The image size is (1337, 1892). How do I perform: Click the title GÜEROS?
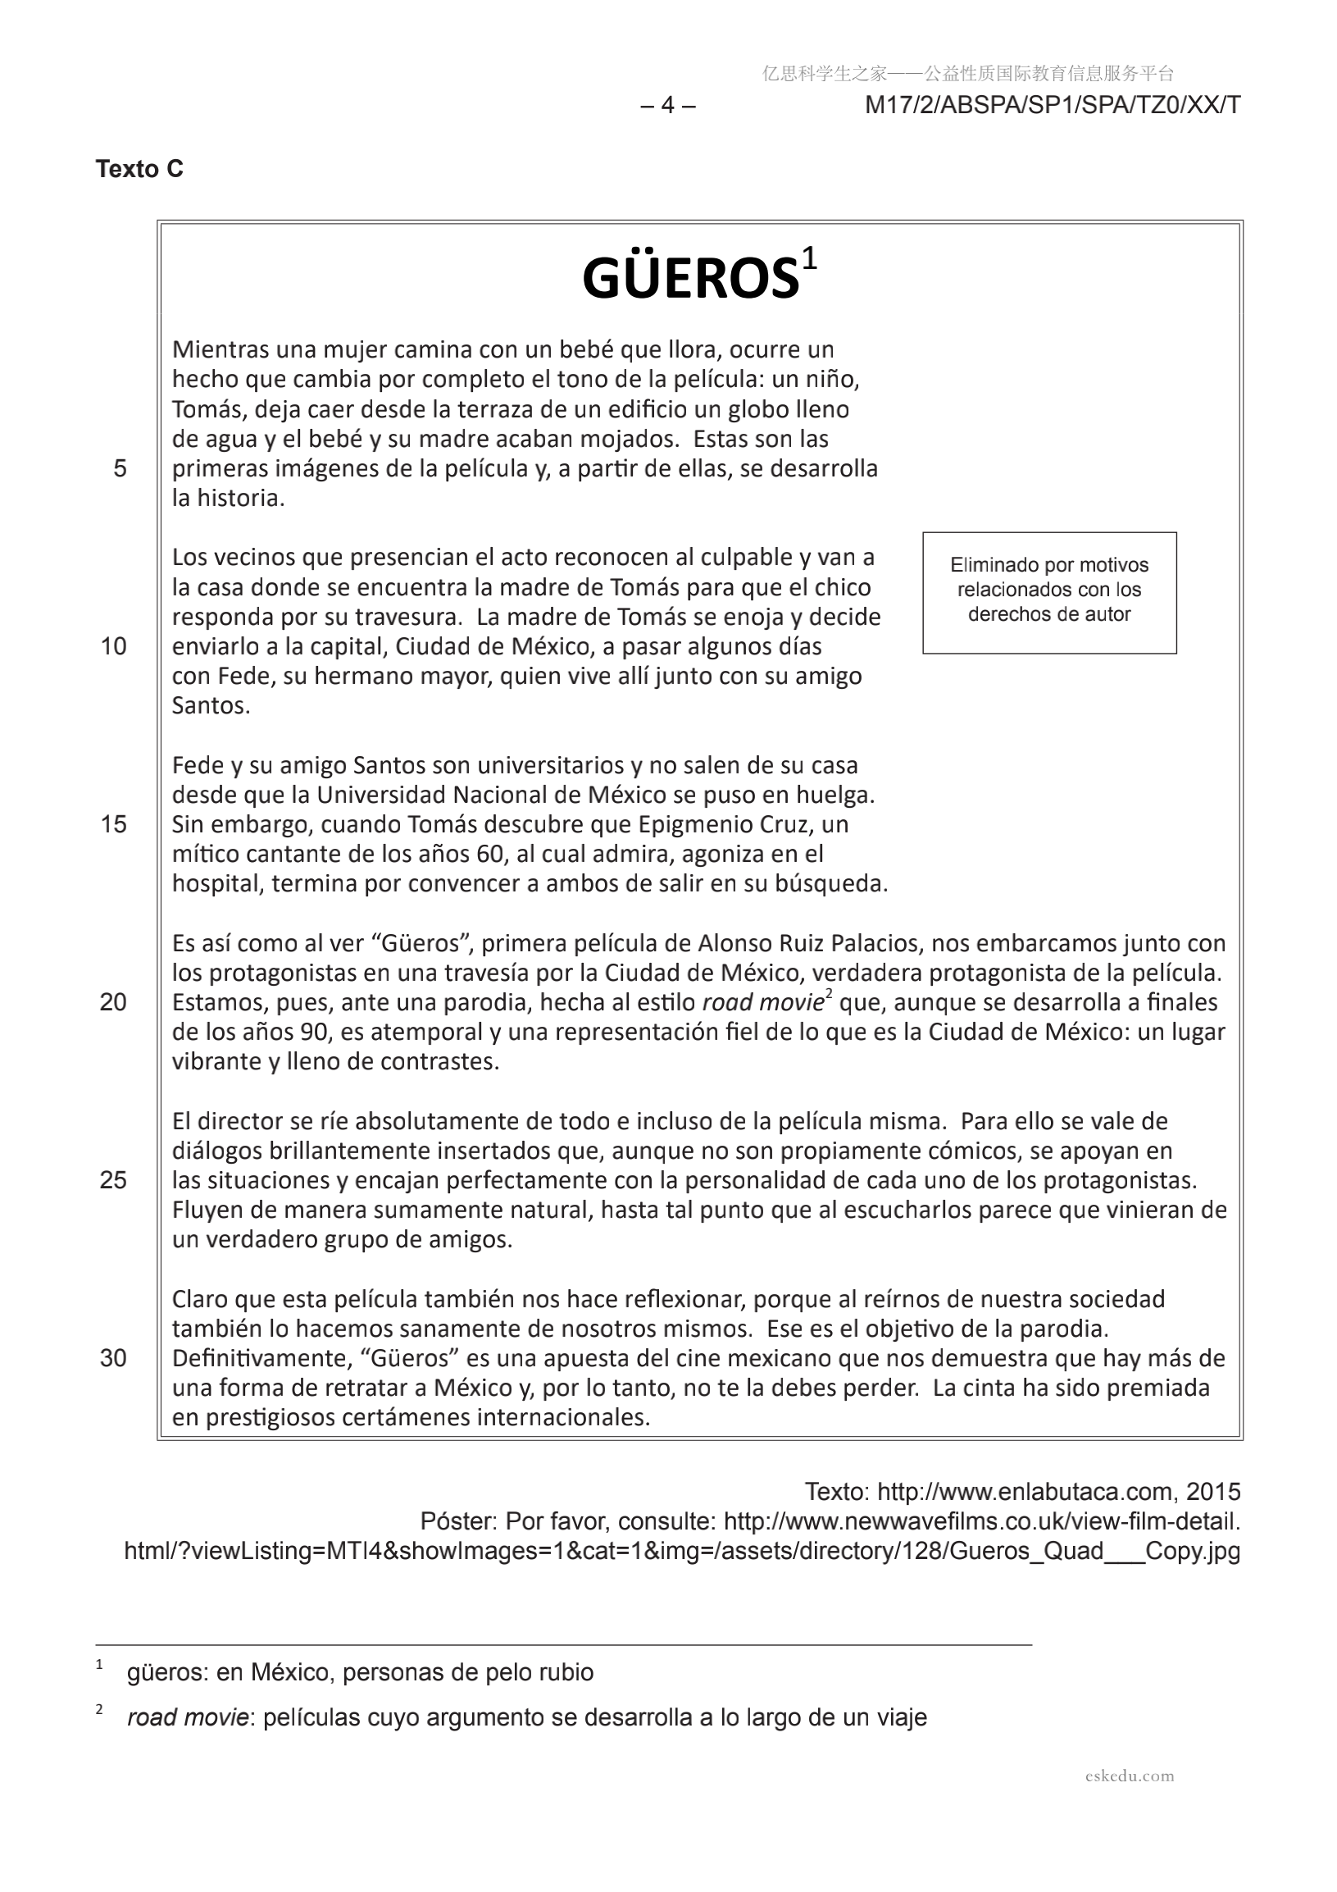click(690, 278)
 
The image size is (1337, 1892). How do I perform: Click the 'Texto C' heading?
click(139, 169)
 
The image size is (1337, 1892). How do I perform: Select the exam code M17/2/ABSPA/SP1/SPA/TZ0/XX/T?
click(1052, 106)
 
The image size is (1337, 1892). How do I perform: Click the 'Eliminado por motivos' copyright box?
click(1048, 591)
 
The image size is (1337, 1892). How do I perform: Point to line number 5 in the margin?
click(121, 468)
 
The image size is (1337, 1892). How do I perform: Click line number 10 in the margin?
click(114, 646)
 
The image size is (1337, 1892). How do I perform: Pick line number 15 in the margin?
click(114, 824)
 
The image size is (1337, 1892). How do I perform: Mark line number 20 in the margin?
click(114, 1002)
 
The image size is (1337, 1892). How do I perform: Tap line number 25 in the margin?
click(114, 1180)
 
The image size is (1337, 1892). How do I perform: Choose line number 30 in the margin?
click(114, 1358)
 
